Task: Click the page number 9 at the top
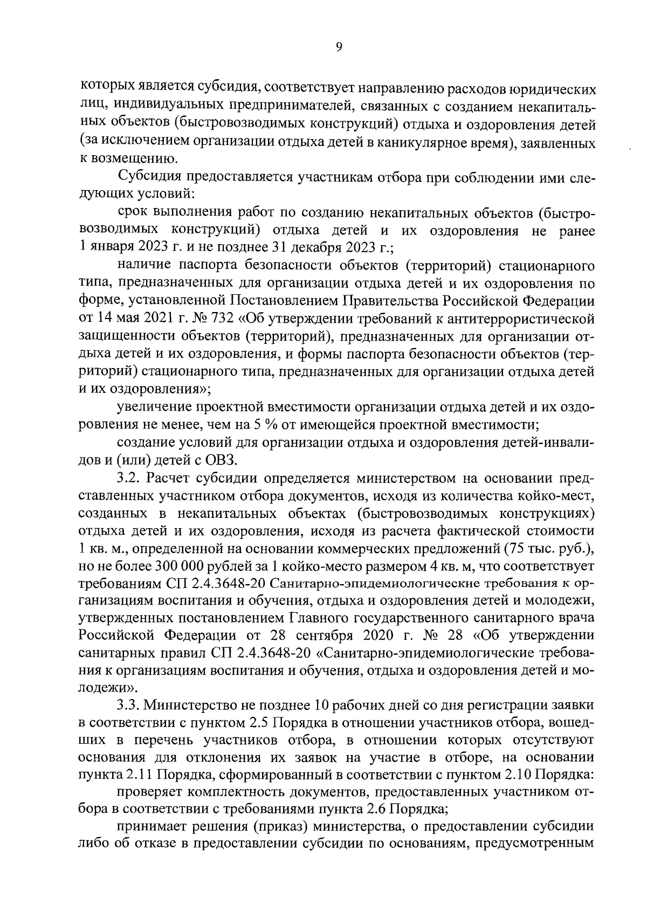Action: pyautogui.click(x=339, y=47)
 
